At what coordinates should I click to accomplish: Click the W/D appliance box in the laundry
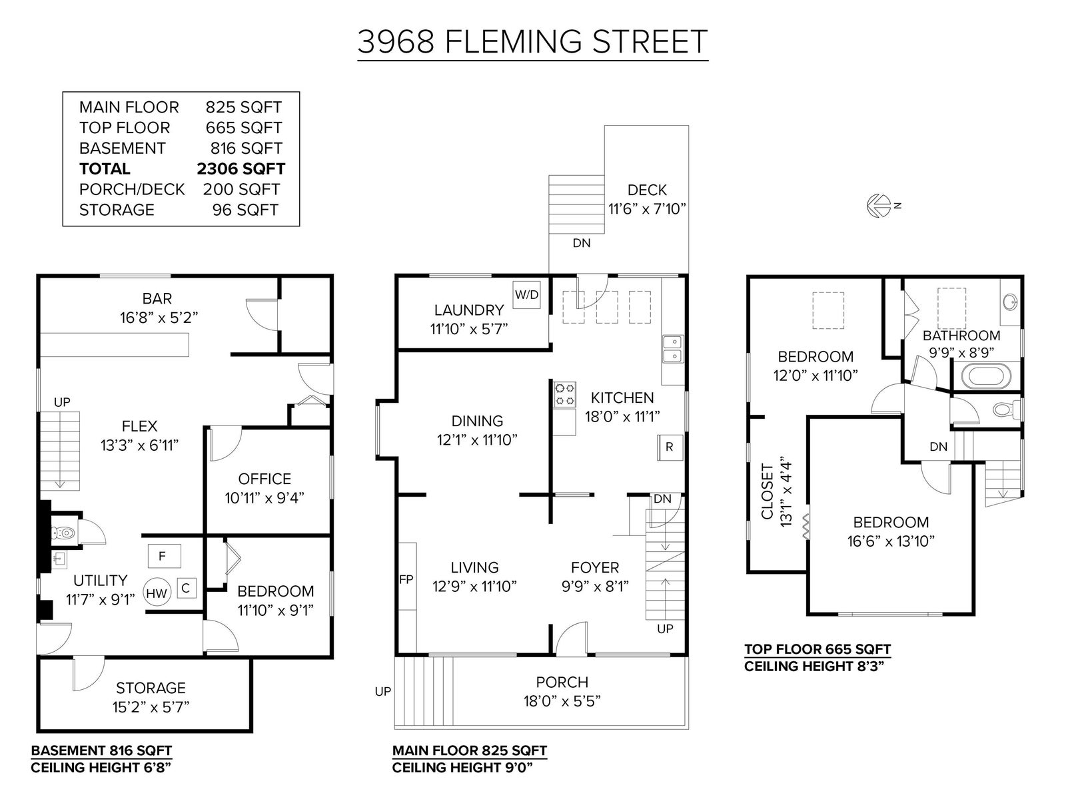pyautogui.click(x=526, y=294)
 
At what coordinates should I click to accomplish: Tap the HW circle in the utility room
pyautogui.click(x=157, y=593)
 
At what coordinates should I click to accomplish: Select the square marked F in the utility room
pyautogui.click(x=164, y=556)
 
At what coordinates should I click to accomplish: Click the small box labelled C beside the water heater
pyautogui.click(x=186, y=589)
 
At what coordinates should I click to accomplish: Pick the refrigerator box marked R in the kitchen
pyautogui.click(x=670, y=447)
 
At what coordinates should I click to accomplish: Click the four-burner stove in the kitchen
pyautogui.click(x=565, y=394)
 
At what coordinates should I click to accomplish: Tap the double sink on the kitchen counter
pyautogui.click(x=673, y=349)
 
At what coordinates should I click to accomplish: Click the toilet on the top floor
pyautogui.click(x=1006, y=410)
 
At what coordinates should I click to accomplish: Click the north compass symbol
pyautogui.click(x=879, y=206)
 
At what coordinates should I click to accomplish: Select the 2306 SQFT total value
pyautogui.click(x=241, y=169)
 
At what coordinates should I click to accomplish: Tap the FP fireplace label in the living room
pyautogui.click(x=406, y=579)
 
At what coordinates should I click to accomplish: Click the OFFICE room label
pyautogui.click(x=265, y=479)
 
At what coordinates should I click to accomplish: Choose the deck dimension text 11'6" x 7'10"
pyautogui.click(x=647, y=209)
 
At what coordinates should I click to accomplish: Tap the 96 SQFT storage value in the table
pyautogui.click(x=245, y=210)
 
